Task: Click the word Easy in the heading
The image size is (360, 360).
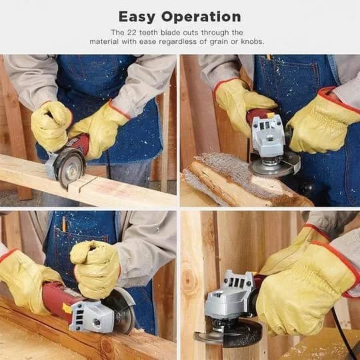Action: pos(137,17)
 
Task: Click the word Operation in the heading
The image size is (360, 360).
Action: pos(201,17)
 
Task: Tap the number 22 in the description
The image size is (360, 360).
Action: pos(132,33)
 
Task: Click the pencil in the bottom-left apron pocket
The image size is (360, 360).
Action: pos(64,224)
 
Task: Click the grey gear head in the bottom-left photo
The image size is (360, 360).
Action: pos(92,317)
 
